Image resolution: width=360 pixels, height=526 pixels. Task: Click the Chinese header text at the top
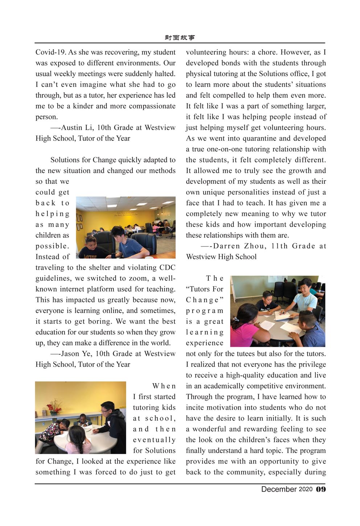coord(179,38)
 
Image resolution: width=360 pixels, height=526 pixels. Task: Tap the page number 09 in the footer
coord(321,489)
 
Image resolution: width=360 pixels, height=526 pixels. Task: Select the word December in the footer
coord(279,489)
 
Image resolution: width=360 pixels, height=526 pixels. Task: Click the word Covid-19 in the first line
coord(50,52)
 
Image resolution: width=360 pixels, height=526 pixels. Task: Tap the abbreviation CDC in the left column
coord(167,268)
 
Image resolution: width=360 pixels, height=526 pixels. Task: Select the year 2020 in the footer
coord(305,489)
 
